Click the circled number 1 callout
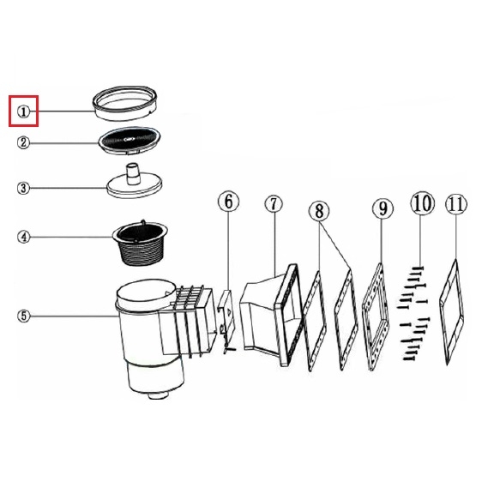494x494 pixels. [x=23, y=111]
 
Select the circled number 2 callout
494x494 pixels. [x=23, y=142]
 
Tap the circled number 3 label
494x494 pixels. [x=23, y=188]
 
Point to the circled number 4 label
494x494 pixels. [x=24, y=237]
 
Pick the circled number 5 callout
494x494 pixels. [x=24, y=316]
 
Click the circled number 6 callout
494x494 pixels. [x=228, y=202]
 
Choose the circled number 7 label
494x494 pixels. [x=274, y=204]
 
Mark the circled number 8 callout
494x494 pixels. [x=319, y=210]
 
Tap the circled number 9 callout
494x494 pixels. [x=383, y=208]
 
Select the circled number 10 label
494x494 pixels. [x=422, y=203]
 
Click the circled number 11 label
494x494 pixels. [x=456, y=204]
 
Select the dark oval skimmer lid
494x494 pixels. [x=130, y=141]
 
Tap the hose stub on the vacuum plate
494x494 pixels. [x=133, y=173]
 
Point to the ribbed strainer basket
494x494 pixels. [x=141, y=244]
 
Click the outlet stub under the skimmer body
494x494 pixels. [x=159, y=395]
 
